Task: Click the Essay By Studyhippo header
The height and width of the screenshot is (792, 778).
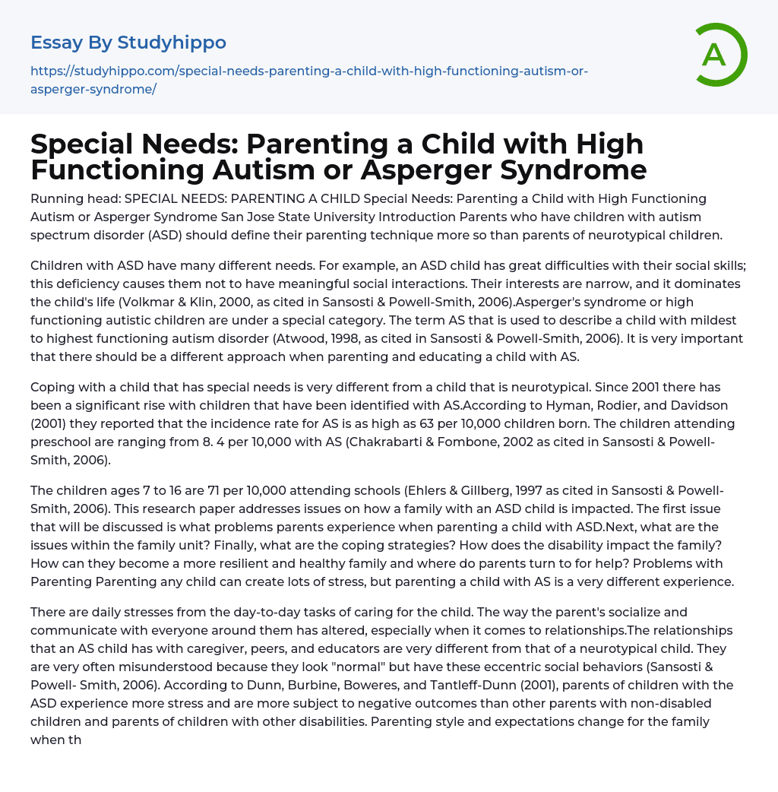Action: [x=128, y=42]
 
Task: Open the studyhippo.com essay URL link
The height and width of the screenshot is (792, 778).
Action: [x=309, y=80]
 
